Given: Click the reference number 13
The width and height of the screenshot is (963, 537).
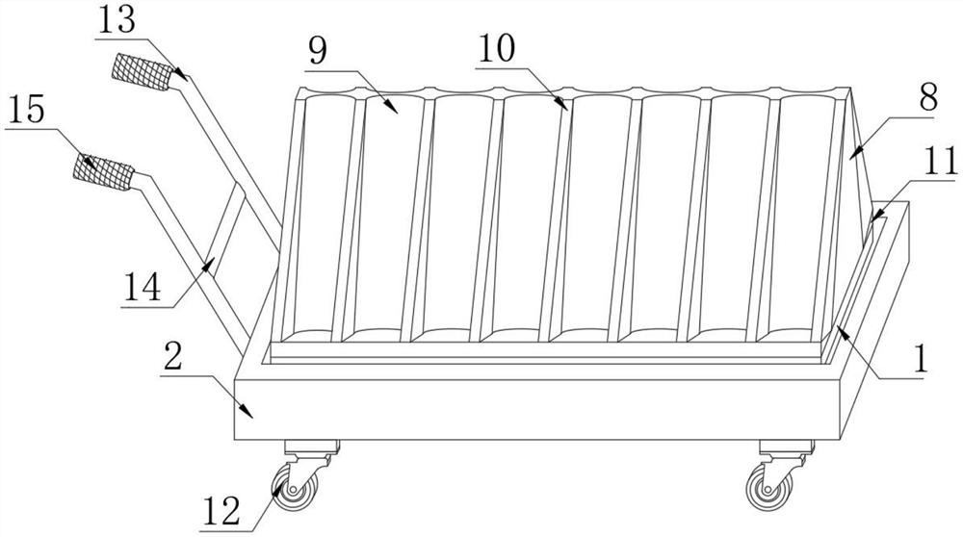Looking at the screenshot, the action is pyautogui.click(x=117, y=20).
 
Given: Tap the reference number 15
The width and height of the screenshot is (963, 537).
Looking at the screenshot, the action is pyautogui.click(x=25, y=111).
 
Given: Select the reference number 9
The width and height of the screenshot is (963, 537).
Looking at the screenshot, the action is pyautogui.click(x=318, y=52).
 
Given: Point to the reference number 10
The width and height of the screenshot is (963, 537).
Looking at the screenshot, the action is pyautogui.click(x=497, y=48).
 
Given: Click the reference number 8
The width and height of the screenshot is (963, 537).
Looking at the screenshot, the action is pyautogui.click(x=928, y=96).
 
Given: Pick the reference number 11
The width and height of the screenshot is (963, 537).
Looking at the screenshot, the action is pyautogui.click(x=940, y=162).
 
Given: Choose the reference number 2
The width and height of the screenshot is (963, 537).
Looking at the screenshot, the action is pyautogui.click(x=173, y=356).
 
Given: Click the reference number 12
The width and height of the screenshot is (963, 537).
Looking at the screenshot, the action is pyautogui.click(x=221, y=511).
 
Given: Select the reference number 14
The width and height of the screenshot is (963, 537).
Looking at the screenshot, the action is pyautogui.click(x=143, y=287).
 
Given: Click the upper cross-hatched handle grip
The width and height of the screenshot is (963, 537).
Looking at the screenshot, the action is pyautogui.click(x=142, y=72).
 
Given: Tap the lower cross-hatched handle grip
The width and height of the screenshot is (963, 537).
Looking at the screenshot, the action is pyautogui.click(x=103, y=172).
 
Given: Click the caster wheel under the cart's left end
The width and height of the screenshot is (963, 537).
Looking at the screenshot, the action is pyautogui.click(x=295, y=487).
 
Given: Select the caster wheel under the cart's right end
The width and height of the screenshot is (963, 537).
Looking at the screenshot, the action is pyautogui.click(x=768, y=487).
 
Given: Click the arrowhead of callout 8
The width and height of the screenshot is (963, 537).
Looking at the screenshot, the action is pyautogui.click(x=856, y=151).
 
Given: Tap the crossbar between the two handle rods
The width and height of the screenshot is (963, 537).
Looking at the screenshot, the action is pyautogui.click(x=223, y=228).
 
